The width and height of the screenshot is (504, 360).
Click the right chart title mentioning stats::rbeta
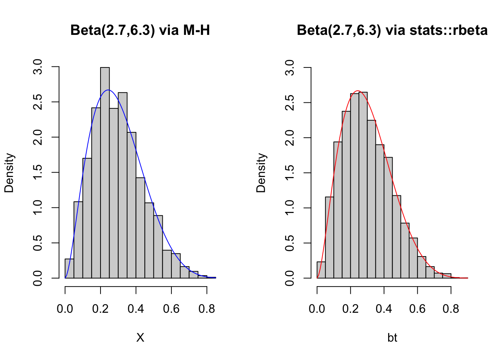click(392, 30)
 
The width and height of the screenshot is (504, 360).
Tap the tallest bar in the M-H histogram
click(105, 172)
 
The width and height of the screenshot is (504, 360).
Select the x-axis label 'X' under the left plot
click(140, 338)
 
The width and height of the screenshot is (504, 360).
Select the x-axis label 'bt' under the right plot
click(392, 338)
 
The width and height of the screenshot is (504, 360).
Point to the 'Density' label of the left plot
click(9, 173)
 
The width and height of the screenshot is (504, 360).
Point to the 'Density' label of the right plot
click(261, 173)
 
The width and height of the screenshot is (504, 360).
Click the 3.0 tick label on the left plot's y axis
click(38, 67)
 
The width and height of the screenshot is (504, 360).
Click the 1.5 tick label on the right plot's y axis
click(290, 173)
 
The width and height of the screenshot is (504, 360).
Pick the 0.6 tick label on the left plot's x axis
click(171, 309)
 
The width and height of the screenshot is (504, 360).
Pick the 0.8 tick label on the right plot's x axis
click(451, 309)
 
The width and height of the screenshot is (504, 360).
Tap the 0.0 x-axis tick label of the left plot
click(65, 309)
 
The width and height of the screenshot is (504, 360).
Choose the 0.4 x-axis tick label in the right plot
click(384, 309)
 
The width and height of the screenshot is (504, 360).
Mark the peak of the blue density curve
click(108, 90)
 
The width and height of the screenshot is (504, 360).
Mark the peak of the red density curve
click(358, 91)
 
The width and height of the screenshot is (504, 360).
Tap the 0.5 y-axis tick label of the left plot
click(38, 243)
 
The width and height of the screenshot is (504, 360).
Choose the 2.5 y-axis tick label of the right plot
click(290, 102)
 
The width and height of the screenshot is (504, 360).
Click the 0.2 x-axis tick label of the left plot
click(100, 309)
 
